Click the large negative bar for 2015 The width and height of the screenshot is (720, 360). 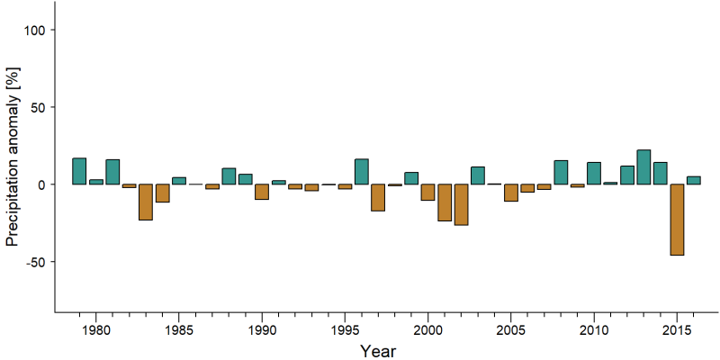click(677, 220)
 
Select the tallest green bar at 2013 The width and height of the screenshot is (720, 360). click(643, 167)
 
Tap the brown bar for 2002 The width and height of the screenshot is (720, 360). click(461, 204)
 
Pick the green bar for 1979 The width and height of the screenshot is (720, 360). click(79, 171)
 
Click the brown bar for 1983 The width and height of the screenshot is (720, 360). click(146, 202)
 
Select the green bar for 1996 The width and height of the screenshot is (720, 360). click(362, 172)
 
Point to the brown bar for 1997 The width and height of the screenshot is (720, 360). click(378, 197)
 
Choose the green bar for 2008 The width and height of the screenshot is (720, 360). click(561, 172)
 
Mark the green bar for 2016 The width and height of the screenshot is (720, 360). click(693, 181)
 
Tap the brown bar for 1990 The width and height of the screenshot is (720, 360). click(262, 192)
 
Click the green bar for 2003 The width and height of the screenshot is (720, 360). click(478, 175)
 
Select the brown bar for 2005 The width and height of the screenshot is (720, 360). click(511, 193)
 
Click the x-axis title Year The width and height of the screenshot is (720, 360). click(377, 351)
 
